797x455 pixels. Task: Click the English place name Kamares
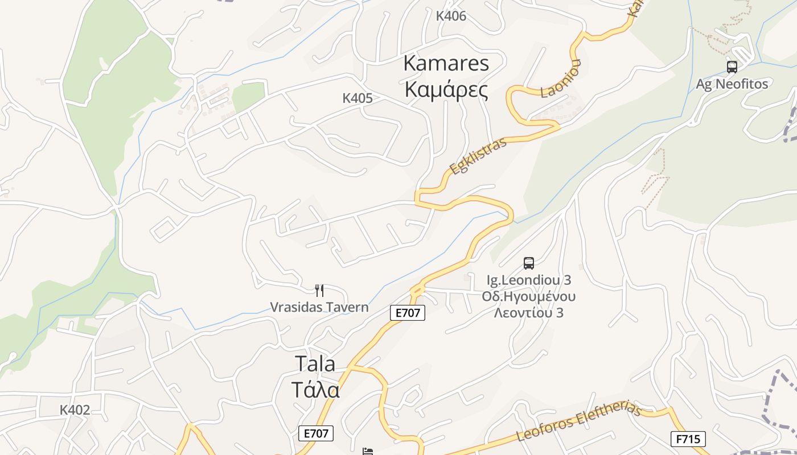pyautogui.click(x=446, y=63)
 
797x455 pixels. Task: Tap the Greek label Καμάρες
pyautogui.click(x=446, y=90)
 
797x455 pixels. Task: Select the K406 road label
pyautogui.click(x=451, y=16)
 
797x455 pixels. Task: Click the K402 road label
pyautogui.click(x=75, y=410)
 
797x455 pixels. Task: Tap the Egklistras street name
pyautogui.click(x=478, y=155)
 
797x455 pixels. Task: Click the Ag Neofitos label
pyautogui.click(x=732, y=84)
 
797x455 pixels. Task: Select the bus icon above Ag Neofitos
pyautogui.click(x=732, y=67)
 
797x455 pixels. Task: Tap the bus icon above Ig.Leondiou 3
pyautogui.click(x=529, y=263)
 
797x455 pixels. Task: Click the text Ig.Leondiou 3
pyautogui.click(x=529, y=280)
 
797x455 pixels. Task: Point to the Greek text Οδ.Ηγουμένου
pyautogui.click(x=529, y=296)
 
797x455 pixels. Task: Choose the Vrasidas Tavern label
pyautogui.click(x=319, y=308)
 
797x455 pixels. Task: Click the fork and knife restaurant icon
pyautogui.click(x=319, y=291)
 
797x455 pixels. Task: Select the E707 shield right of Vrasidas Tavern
pyautogui.click(x=408, y=312)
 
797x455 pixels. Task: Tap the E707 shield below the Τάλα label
pyautogui.click(x=315, y=433)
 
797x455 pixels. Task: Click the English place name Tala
pyautogui.click(x=315, y=363)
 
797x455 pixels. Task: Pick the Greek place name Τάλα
pyautogui.click(x=315, y=390)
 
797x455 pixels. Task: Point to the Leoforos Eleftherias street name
pyautogui.click(x=580, y=423)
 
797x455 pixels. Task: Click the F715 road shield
pyautogui.click(x=688, y=439)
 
